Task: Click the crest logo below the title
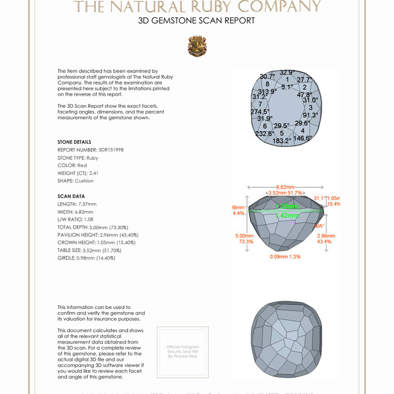pos(197,46)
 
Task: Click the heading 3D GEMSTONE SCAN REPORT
pos(196,21)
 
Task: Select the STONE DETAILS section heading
pos(74,142)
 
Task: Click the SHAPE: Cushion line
pos(76,181)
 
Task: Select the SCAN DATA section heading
pos(71,196)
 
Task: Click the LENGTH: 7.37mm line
pos(77,204)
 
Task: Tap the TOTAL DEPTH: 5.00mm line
pos(96,227)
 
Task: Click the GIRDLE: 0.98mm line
pos(86,258)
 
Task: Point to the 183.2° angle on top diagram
pos(282,141)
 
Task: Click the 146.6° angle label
pos(303,138)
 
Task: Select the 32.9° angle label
pos(287,72)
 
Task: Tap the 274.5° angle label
pos(260,111)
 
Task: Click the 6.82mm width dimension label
pos(285,186)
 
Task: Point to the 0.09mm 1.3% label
pos(285,256)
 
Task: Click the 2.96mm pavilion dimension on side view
pos(326,236)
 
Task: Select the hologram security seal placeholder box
pos(182,351)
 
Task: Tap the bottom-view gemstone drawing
pos(286,336)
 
